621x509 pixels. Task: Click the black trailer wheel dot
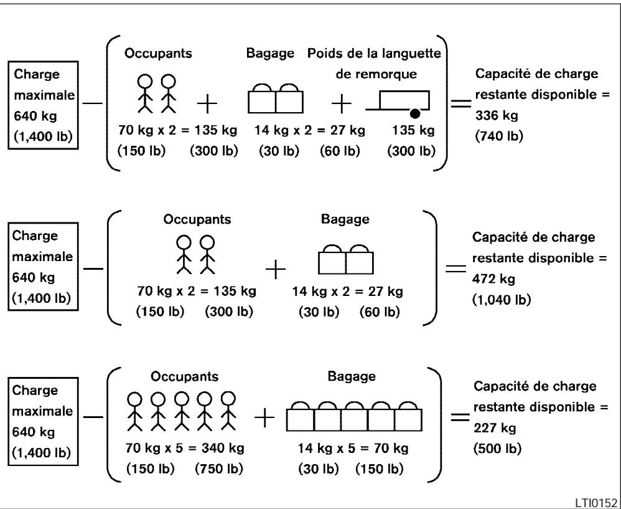coord(415,113)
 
